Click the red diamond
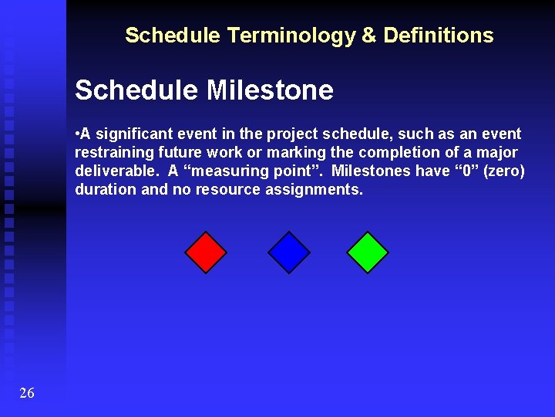206,253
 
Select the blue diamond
289,253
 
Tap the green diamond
368,253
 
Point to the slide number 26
27,394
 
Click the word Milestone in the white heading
270,91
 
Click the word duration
106,190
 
